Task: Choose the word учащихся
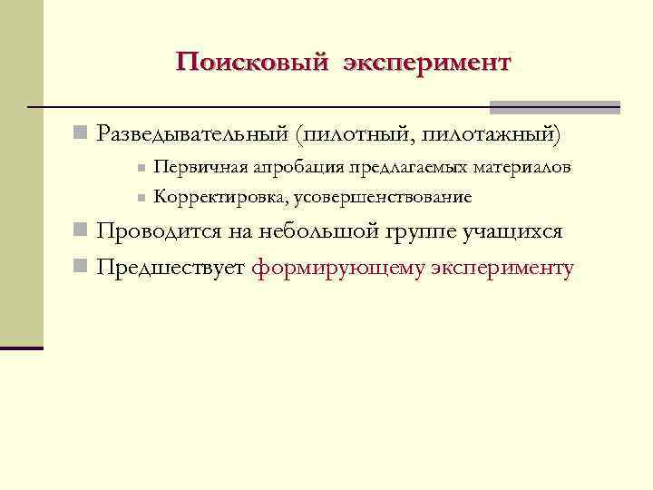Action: point(512,231)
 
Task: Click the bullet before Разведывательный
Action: point(80,134)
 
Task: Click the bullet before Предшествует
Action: point(80,269)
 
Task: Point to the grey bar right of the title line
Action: point(554,107)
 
